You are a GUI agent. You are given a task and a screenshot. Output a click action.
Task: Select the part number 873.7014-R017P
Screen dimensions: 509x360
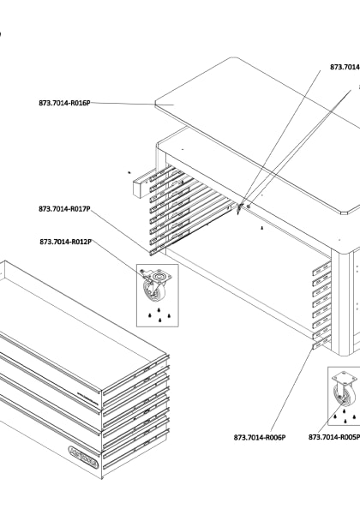[64, 208]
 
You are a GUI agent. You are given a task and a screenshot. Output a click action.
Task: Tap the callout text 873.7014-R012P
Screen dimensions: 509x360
[65, 242]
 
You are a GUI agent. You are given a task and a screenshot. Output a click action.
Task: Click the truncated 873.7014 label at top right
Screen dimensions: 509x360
[345, 66]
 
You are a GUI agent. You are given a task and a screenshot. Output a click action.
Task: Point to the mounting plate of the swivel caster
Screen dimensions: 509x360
[156, 277]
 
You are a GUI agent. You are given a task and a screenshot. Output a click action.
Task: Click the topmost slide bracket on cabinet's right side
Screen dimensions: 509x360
[321, 268]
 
